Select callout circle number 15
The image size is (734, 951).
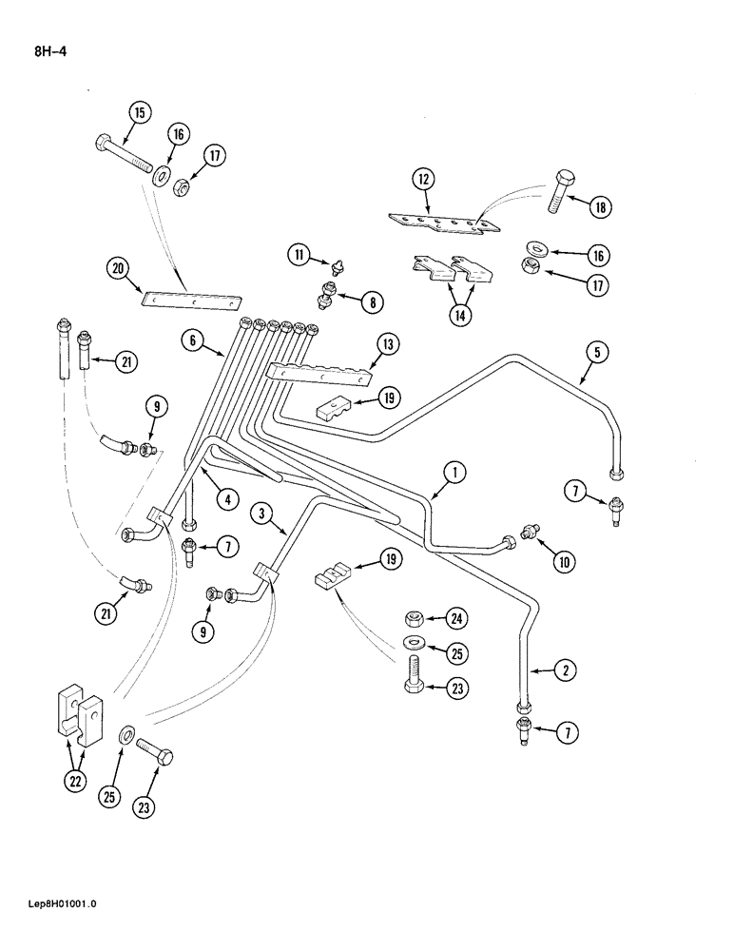click(x=140, y=113)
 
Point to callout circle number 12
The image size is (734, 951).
click(x=423, y=178)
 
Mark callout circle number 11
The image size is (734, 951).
click(x=300, y=255)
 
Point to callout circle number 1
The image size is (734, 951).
click(x=454, y=470)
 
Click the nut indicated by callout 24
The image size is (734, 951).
click(x=415, y=619)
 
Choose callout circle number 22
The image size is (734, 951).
click(x=74, y=781)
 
